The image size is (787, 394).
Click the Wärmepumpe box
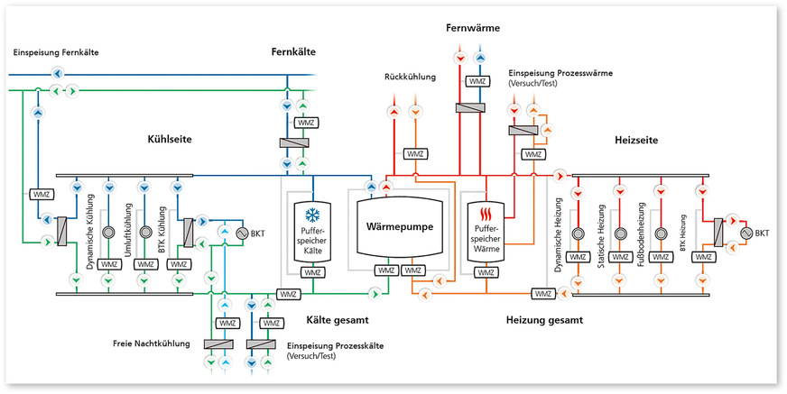click(403, 227)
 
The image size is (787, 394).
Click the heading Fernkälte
click(295, 52)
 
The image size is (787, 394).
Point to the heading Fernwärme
click(472, 29)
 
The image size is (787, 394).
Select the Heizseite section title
click(634, 140)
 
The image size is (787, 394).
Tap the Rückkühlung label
click(410, 78)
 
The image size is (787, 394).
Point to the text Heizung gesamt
click(544, 320)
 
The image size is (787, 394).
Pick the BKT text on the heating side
click(762, 234)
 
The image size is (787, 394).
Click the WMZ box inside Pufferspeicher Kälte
click(312, 271)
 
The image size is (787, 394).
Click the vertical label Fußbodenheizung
click(642, 231)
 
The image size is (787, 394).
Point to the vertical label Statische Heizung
click(601, 231)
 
